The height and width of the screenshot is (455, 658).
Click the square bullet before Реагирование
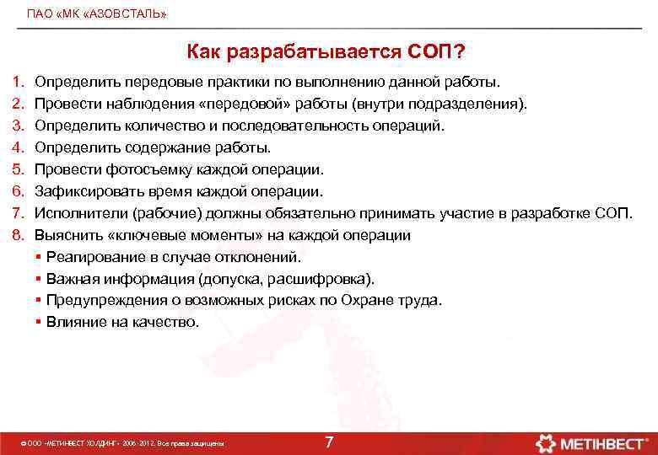tap(40, 257)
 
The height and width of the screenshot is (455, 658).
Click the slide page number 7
tap(329, 442)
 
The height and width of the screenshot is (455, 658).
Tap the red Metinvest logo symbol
tap(545, 442)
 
